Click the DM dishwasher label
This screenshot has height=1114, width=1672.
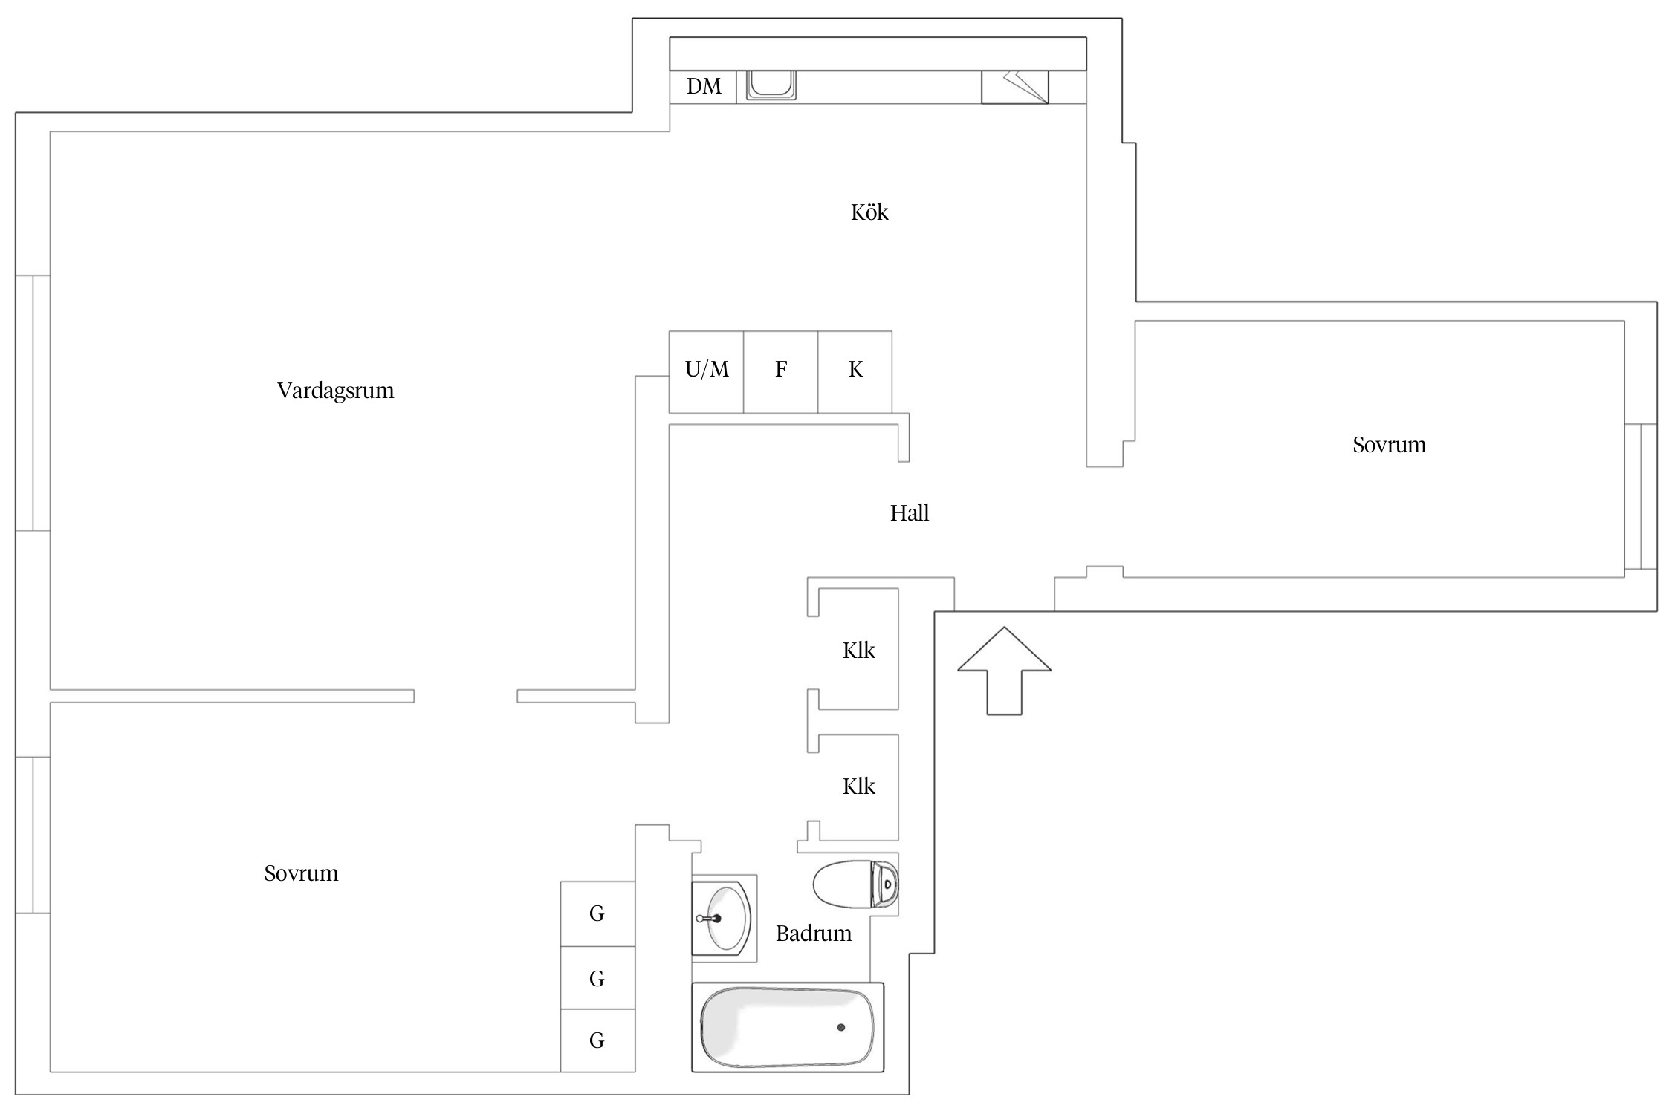click(x=703, y=87)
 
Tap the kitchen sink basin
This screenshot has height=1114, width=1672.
click(x=771, y=84)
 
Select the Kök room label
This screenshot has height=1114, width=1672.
click(x=869, y=213)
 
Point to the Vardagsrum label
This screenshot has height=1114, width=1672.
click(x=335, y=391)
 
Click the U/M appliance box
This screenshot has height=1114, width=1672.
click(x=706, y=371)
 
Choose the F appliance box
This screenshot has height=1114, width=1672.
click(x=780, y=371)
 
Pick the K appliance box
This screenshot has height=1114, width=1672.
click(x=855, y=371)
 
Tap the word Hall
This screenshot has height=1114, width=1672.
click(x=910, y=513)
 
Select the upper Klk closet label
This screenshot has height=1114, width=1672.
click(x=858, y=651)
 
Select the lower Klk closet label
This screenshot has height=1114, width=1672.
click(x=858, y=787)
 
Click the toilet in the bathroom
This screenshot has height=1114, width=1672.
click(x=855, y=885)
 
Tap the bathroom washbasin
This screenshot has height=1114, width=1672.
click(x=722, y=918)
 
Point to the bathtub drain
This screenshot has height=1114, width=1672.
click(x=841, y=1028)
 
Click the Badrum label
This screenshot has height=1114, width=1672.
click(x=814, y=934)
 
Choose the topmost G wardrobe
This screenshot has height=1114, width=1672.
click(x=597, y=914)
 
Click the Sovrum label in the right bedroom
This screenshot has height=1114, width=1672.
click(x=1389, y=446)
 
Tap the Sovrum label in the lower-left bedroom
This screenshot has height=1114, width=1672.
click(x=301, y=873)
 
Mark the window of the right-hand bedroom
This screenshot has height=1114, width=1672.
click(x=1640, y=496)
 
